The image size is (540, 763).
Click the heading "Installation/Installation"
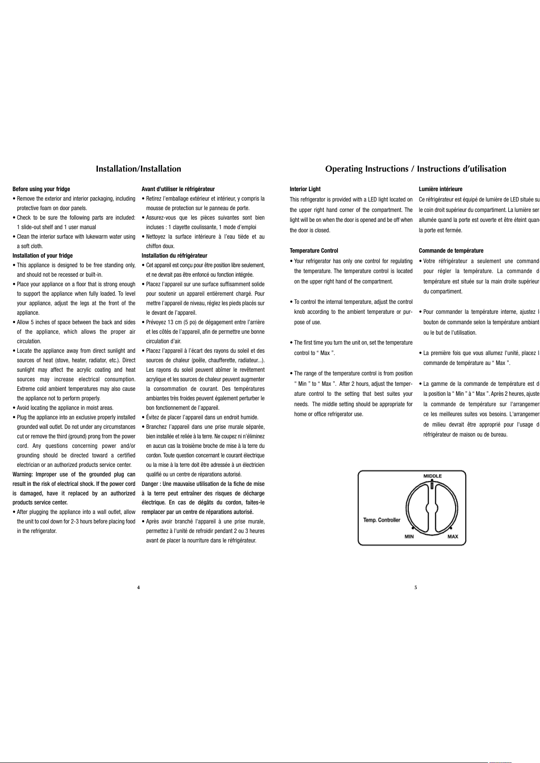tap(138, 169)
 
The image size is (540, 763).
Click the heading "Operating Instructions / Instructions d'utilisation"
tap(415, 169)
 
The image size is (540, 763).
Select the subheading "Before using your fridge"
tap(41, 189)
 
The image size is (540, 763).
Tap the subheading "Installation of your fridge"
tap(43, 255)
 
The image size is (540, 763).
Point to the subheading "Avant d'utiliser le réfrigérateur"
tap(178, 189)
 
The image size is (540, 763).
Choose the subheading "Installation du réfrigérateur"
tap(174, 255)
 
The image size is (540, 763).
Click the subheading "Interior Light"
tap(305, 189)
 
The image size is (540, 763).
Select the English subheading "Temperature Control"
tap(314, 250)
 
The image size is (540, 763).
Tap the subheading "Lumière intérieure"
tap(440, 189)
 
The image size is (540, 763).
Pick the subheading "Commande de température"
tap(451, 250)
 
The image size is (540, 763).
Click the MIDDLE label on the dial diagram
tap(432, 476)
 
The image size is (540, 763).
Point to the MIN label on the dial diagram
tap(409, 537)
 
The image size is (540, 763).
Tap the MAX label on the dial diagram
tap(453, 537)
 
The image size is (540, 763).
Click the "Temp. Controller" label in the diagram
tap(381, 520)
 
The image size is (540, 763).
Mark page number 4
tap(138, 587)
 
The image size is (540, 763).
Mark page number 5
tap(415, 587)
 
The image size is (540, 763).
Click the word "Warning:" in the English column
tap(22, 474)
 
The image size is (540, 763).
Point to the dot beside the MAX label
tap(451, 528)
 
